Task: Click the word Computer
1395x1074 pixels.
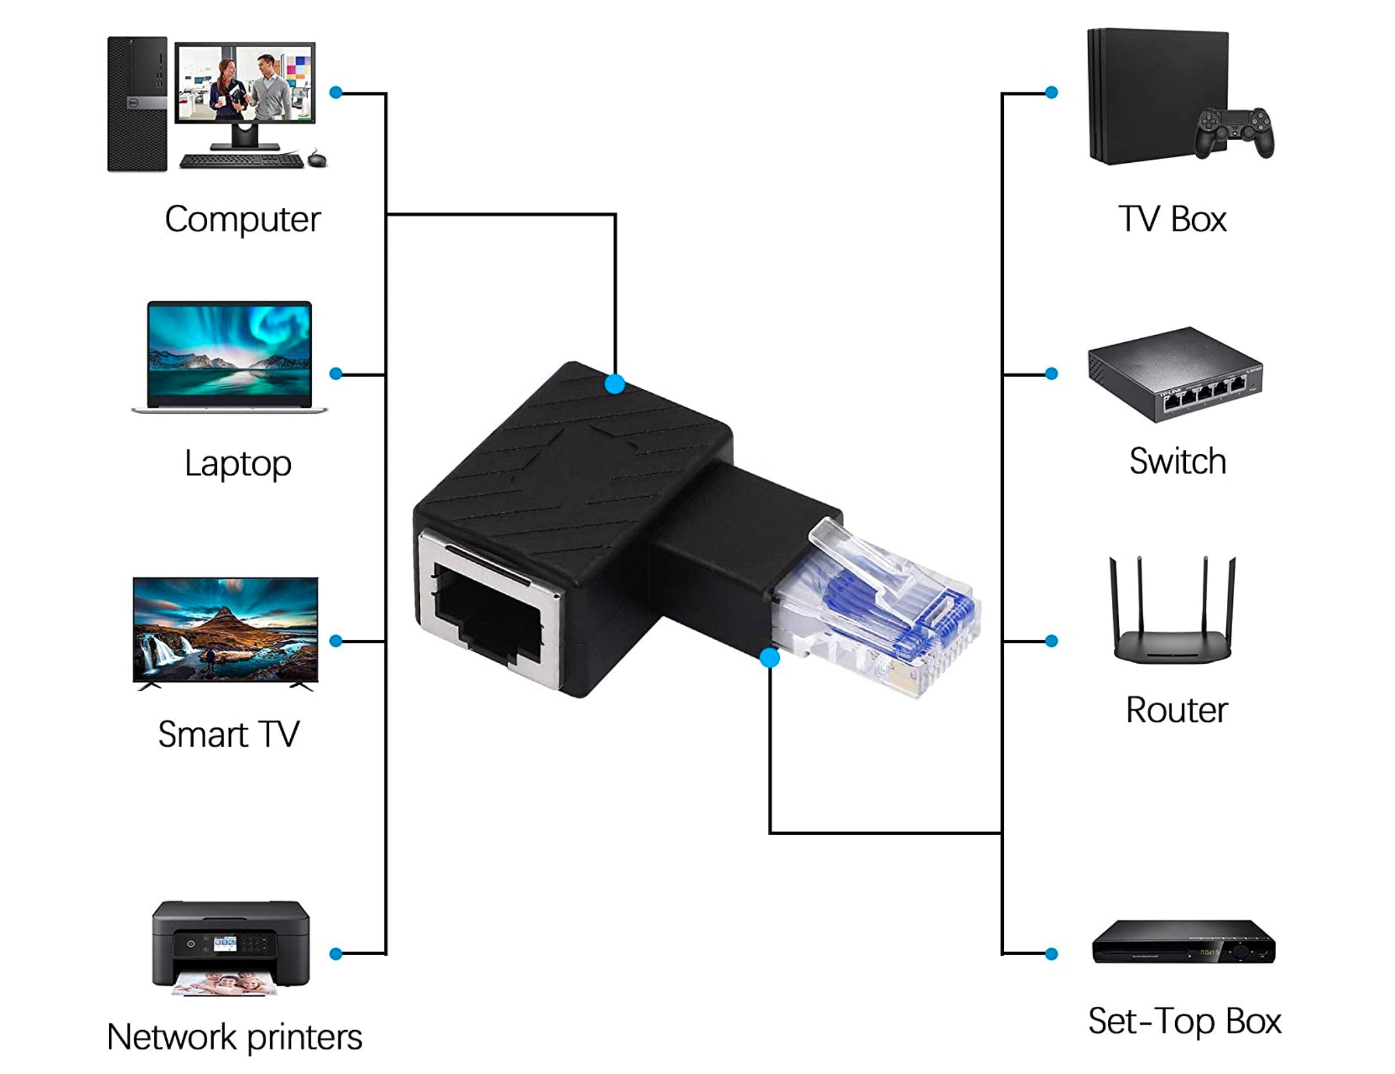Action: (x=242, y=220)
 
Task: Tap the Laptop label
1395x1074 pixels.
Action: (x=238, y=464)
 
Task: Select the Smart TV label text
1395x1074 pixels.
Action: (x=229, y=734)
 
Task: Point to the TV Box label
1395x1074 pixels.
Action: (x=1172, y=220)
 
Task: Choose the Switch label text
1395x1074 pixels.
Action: (x=1177, y=461)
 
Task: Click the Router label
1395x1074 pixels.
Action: (x=1176, y=710)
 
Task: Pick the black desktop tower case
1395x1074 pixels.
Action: (x=137, y=104)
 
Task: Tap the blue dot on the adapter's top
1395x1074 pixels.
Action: (x=615, y=384)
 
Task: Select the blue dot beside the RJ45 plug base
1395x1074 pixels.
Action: (x=770, y=658)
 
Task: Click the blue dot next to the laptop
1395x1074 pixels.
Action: (x=336, y=374)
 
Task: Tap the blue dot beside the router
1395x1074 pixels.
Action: (x=1051, y=641)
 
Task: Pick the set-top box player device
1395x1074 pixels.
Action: (x=1183, y=942)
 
